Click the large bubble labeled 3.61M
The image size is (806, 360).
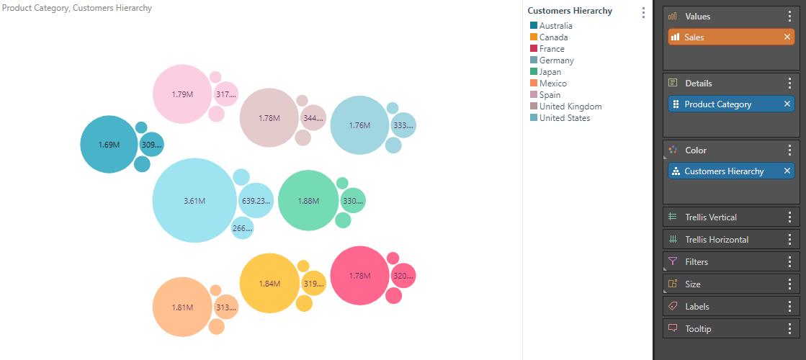(x=194, y=201)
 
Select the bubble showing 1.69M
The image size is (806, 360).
(x=109, y=145)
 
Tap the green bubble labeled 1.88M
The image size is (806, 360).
(x=308, y=201)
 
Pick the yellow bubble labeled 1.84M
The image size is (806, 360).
(x=269, y=283)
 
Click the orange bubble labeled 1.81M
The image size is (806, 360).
(x=182, y=307)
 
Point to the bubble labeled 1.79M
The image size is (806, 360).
(x=182, y=94)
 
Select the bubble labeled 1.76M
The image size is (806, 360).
(x=359, y=125)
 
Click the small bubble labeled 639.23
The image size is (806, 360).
(x=256, y=201)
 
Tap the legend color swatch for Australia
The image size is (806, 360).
(x=533, y=26)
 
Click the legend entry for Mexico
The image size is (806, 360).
(x=552, y=84)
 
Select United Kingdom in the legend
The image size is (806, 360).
(x=570, y=107)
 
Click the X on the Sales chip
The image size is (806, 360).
(x=787, y=37)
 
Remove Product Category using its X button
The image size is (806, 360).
(x=787, y=104)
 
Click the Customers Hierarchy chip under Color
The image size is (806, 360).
(x=724, y=171)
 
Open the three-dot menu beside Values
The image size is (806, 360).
(x=789, y=17)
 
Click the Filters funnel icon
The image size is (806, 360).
(x=673, y=262)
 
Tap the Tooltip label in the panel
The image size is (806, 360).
(x=699, y=329)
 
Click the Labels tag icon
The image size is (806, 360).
(x=673, y=307)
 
